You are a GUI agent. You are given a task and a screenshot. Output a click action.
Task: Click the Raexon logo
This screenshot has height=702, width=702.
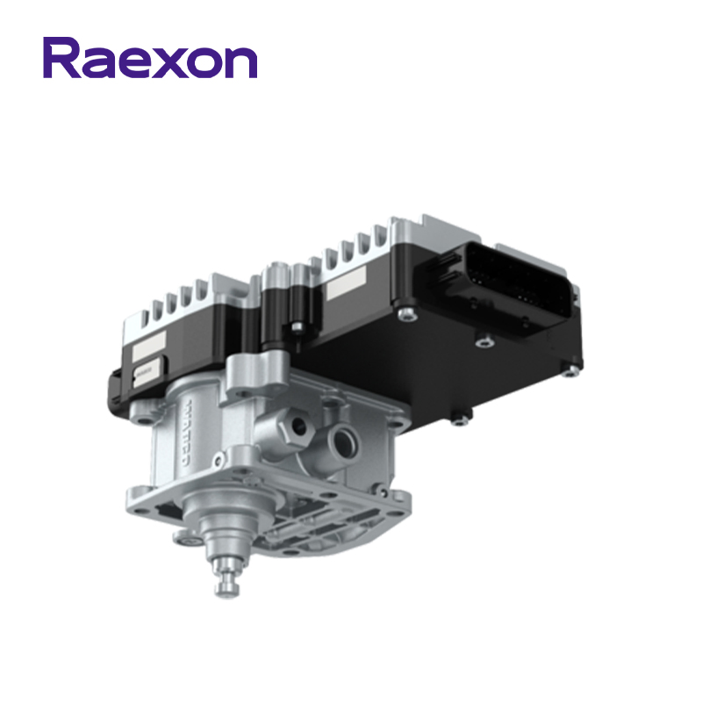[150, 58]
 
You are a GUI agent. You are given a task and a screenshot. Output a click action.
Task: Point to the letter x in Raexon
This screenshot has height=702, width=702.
[166, 62]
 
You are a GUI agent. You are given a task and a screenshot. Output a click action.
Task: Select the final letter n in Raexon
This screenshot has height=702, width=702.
[240, 62]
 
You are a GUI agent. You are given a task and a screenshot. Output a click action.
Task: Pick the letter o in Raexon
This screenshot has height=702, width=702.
[203, 62]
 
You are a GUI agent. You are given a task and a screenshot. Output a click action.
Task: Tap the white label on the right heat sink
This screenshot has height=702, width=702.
[348, 283]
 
